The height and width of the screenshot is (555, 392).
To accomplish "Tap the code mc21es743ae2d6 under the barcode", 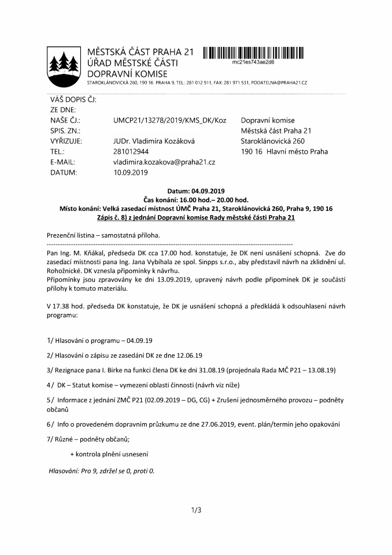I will click(x=253, y=61).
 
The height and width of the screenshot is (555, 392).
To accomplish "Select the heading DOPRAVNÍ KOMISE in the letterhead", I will click(x=127, y=73).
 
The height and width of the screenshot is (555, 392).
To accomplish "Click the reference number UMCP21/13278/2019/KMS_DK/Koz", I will click(x=170, y=120).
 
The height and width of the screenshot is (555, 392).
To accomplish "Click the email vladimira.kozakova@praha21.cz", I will click(x=164, y=162).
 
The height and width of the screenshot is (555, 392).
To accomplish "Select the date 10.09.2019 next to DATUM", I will click(x=131, y=173).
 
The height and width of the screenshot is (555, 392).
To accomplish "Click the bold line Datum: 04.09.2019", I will click(x=195, y=191).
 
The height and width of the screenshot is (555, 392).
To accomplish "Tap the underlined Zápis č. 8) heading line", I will click(x=195, y=218).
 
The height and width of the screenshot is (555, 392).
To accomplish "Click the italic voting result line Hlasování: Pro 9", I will click(x=101, y=471).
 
